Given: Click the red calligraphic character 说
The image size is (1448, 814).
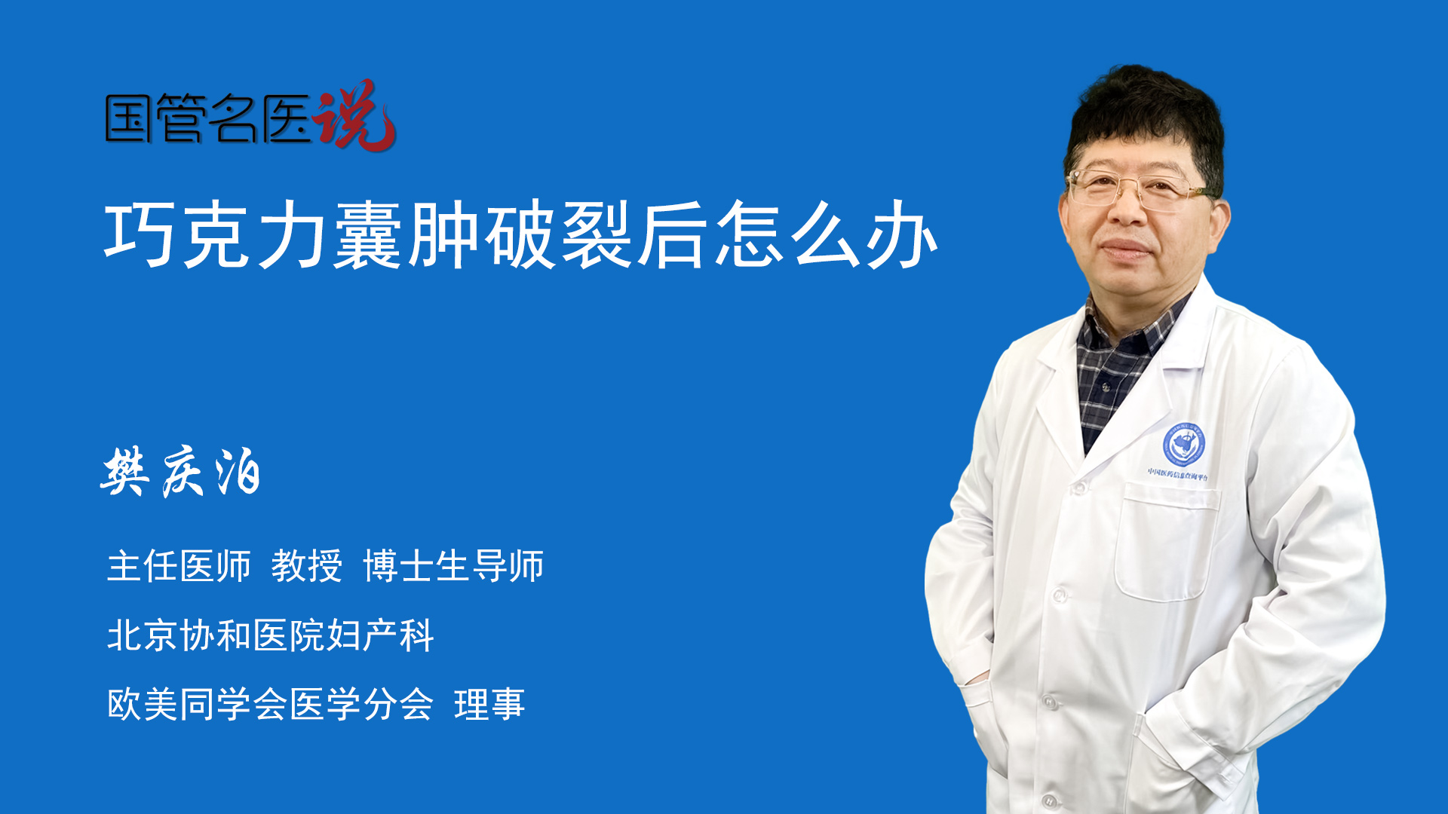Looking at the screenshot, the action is click(354, 115).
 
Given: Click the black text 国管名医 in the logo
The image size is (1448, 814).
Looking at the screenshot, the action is click(208, 119).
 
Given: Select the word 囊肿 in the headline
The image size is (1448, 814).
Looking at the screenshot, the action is click(407, 235).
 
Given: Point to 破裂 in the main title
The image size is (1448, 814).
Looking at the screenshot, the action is click(559, 235).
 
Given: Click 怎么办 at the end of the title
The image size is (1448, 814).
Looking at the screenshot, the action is click(825, 235).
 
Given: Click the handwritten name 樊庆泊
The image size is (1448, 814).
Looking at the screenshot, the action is click(181, 472).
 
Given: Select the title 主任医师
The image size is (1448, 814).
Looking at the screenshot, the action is click(179, 566).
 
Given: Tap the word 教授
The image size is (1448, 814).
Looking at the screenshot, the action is click(307, 566).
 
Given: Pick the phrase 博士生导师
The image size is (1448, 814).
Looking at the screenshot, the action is click(453, 566).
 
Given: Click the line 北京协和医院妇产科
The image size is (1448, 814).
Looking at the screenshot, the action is click(270, 635).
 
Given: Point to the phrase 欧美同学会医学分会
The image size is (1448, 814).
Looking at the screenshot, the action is click(270, 705).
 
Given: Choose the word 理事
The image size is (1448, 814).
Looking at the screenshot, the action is click(489, 705).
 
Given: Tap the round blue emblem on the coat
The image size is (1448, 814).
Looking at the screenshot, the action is click(1183, 445).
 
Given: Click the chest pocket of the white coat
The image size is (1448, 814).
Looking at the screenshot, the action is click(1165, 543).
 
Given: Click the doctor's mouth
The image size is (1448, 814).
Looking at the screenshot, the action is click(1125, 249).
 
